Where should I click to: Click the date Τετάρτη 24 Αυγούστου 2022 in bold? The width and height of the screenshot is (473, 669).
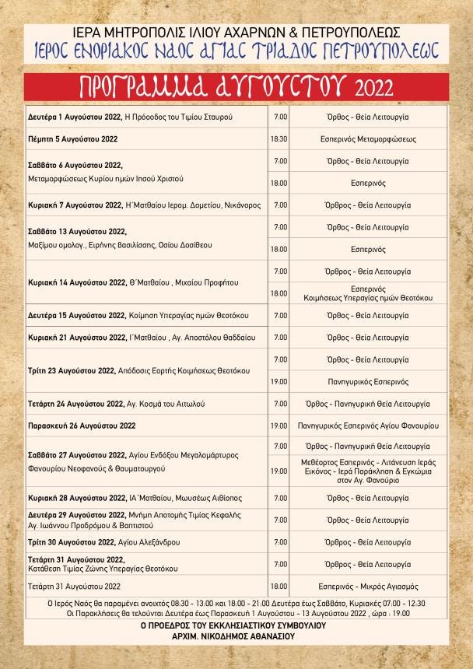pos(75,405)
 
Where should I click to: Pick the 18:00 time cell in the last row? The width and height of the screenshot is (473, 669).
pos(279,586)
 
